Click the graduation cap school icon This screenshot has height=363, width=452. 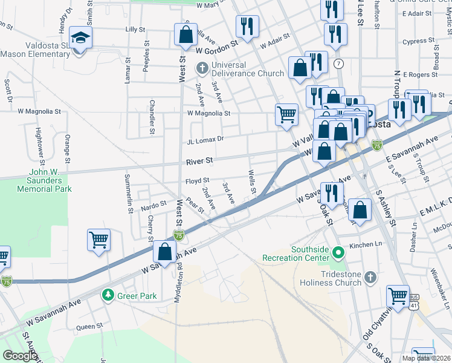[x=80, y=38]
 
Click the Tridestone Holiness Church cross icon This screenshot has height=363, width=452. [x=372, y=277]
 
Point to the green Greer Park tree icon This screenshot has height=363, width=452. [x=108, y=295]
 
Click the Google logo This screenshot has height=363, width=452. [x=20, y=356]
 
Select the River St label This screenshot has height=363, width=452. [x=199, y=161]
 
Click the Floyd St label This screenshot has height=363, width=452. [x=197, y=180]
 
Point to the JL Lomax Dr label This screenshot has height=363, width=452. [x=205, y=139]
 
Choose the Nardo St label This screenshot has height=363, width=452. [x=153, y=205]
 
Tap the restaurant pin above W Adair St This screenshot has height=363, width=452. [x=247, y=27]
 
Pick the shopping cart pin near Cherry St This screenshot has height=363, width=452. [x=98, y=240]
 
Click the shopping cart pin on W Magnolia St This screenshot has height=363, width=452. [x=286, y=113]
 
